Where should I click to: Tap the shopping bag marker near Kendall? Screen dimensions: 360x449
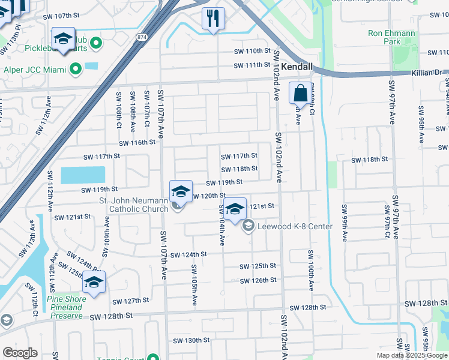(300, 94)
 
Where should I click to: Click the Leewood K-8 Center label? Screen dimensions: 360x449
(294, 226)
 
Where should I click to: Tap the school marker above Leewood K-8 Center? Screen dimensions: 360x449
(235, 209)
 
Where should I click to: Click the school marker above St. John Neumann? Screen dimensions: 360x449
(181, 191)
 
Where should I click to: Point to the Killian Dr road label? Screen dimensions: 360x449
(427, 72)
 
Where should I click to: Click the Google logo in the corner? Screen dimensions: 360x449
(20, 353)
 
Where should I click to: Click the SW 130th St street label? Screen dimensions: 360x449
(191, 340)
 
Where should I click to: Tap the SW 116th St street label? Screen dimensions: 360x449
(137, 143)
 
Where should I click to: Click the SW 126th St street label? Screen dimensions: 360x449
(258, 280)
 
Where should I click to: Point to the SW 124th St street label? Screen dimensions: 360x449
(188, 254)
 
